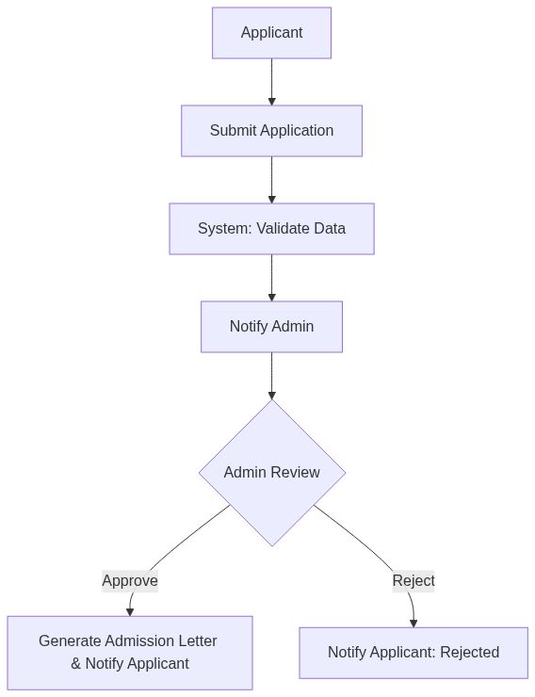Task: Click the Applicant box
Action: point(271,33)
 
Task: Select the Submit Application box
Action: point(271,131)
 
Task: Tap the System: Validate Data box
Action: point(271,229)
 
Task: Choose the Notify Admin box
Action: point(271,327)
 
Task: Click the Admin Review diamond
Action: point(271,473)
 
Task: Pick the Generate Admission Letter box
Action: point(130,653)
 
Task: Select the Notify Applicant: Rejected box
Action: point(413,653)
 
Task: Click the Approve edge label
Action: point(130,581)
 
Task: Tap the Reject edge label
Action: point(413,581)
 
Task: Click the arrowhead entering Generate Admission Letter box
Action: point(130,611)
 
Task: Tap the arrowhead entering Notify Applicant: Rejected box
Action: point(413,623)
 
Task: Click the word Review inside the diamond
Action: point(295,473)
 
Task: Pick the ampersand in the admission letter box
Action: point(76,664)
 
